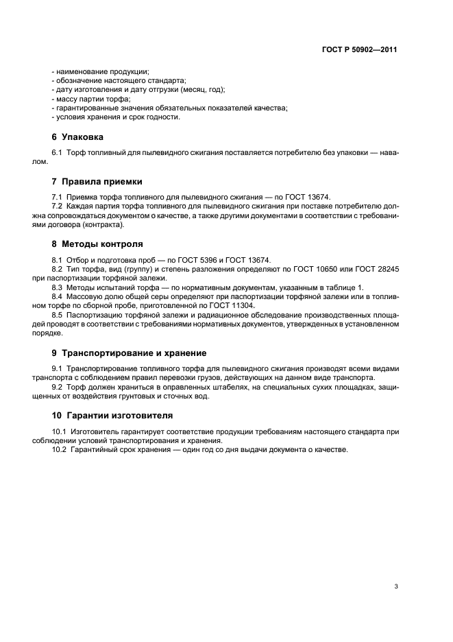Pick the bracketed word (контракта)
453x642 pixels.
pyautogui.click(x=102, y=224)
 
